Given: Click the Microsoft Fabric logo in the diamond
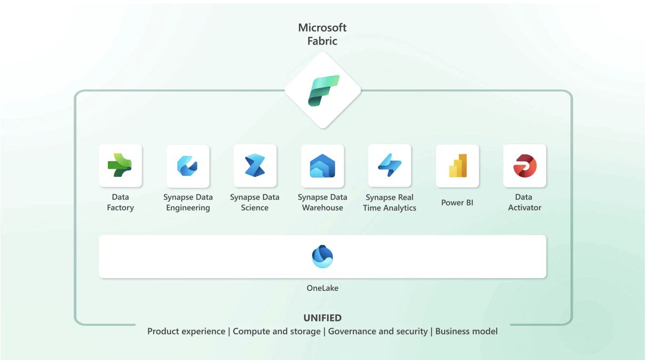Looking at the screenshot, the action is [324, 91].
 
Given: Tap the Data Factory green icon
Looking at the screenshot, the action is [120, 165].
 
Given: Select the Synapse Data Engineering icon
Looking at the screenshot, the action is [187, 166].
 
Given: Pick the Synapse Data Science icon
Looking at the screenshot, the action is [255, 165].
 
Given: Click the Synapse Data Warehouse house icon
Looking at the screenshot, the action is [322, 166].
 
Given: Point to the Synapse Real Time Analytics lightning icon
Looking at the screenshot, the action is [390, 165].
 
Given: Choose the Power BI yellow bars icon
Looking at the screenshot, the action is [458, 165].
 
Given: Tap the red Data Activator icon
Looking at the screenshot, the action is [525, 166].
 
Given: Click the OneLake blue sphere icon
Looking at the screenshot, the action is [322, 256].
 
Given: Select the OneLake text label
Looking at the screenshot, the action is [322, 288].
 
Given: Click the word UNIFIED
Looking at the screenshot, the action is [322, 318].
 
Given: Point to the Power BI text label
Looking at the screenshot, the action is [457, 202].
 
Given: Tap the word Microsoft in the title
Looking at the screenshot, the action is [322, 28].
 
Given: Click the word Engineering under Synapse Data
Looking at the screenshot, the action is [188, 208].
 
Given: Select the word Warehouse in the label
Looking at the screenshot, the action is [322, 208].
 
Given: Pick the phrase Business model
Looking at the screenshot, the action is [466, 331].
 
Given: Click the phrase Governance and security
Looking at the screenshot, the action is [378, 332].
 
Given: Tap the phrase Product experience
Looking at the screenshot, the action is [186, 332].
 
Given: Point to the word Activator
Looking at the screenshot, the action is [525, 208].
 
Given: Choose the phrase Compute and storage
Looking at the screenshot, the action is [277, 332].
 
